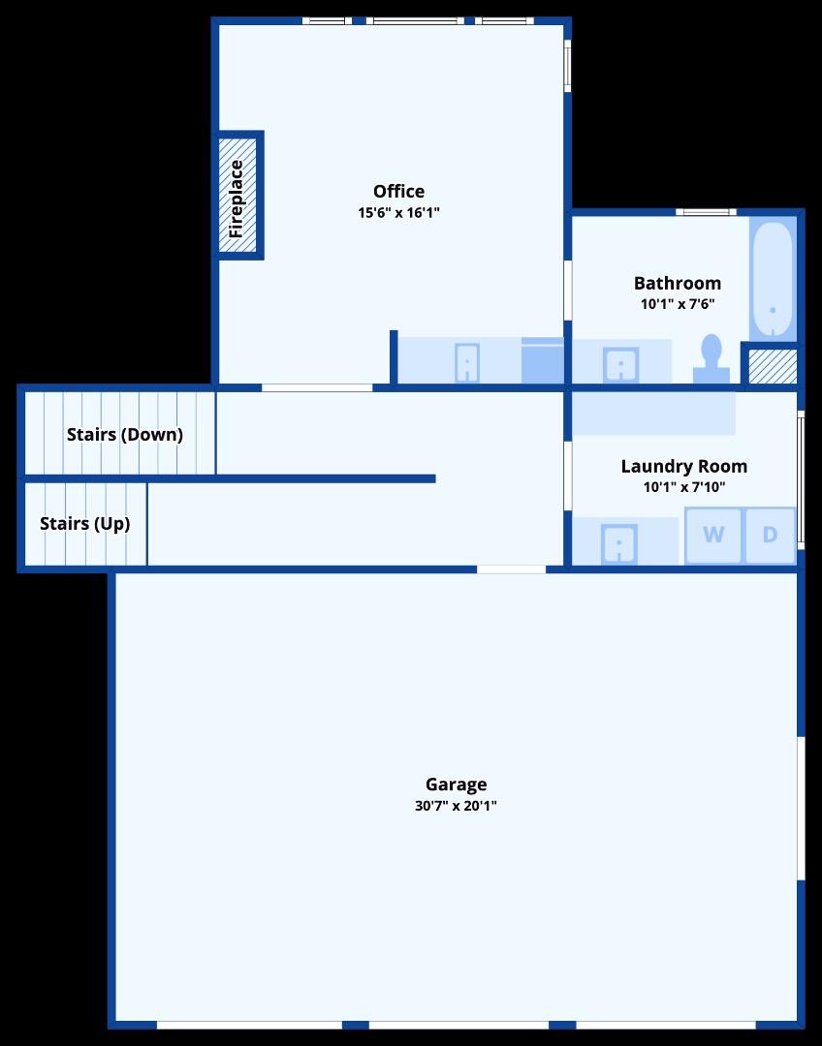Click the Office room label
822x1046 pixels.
coord(398,191)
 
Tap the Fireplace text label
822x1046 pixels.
coord(237,199)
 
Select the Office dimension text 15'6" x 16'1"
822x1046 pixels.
coord(398,212)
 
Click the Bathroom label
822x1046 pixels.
coord(677,283)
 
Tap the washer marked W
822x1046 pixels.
coord(713,535)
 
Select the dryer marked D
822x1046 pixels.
coord(770,535)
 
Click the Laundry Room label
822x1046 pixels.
coord(683,466)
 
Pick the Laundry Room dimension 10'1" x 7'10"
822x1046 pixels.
coord(683,487)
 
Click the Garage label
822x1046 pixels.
coord(456,784)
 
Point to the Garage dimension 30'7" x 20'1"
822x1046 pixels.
coord(456,805)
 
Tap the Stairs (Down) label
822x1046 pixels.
coord(124,434)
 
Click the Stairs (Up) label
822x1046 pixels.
coord(84,523)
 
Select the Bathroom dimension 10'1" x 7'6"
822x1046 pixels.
coord(677,303)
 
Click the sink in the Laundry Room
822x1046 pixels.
coord(619,542)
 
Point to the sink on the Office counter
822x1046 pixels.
coord(467,363)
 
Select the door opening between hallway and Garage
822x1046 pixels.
coord(511,569)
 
